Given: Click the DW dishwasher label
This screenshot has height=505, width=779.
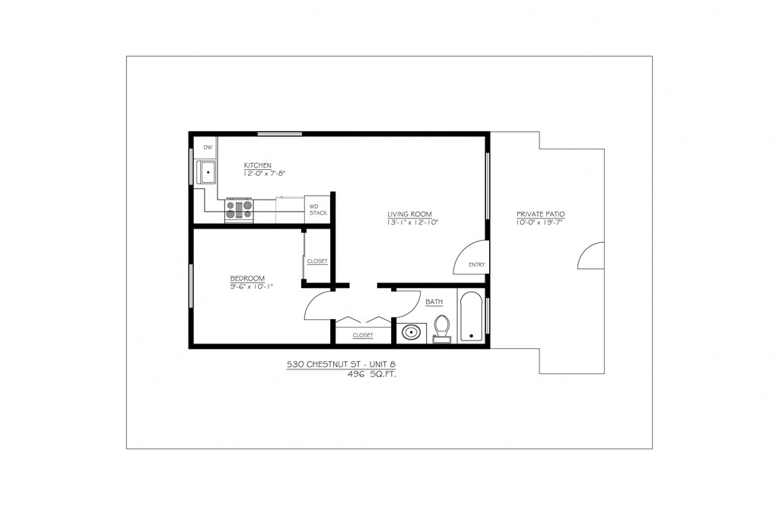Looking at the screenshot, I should pyautogui.click(x=207, y=147).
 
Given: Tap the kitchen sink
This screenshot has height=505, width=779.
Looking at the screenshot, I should pyautogui.click(x=207, y=173).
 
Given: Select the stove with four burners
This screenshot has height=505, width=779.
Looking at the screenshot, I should pyautogui.click(x=238, y=210).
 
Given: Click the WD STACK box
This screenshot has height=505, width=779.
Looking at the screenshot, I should pyautogui.click(x=318, y=209).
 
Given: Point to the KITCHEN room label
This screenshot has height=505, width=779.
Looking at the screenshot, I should pyautogui.click(x=257, y=165).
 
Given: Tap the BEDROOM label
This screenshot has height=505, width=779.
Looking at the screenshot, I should pyautogui.click(x=247, y=277).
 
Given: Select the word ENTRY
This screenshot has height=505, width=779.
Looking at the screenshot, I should pyautogui.click(x=477, y=265).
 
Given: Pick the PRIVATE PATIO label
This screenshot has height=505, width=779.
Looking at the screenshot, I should pyautogui.click(x=540, y=214).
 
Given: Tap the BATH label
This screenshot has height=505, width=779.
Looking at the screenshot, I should pyautogui.click(x=434, y=302).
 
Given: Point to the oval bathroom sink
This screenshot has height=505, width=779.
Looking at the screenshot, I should pyautogui.click(x=412, y=332).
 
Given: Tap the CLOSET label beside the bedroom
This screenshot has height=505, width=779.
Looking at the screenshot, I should pyautogui.click(x=317, y=261).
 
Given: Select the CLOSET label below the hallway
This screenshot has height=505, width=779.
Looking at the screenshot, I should pyautogui.click(x=363, y=335).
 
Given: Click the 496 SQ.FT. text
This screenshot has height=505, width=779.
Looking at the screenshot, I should pyautogui.click(x=372, y=375).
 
